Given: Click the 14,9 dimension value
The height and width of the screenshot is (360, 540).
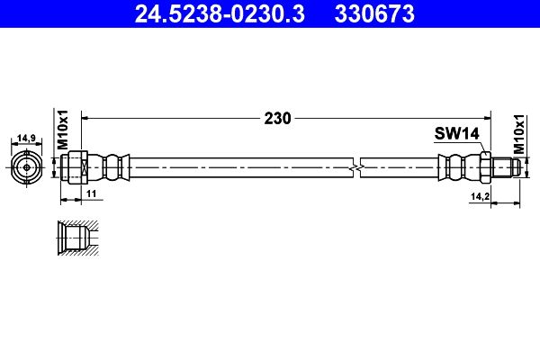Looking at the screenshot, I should [27, 138].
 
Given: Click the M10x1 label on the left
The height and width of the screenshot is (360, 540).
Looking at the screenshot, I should [63, 130].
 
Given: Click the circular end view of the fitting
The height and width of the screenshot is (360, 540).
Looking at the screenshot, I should [27, 166].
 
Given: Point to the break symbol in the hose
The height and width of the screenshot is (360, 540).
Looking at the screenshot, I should [358, 166].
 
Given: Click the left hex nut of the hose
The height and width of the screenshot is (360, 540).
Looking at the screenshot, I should [76, 166].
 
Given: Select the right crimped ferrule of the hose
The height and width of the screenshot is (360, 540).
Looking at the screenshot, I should [456, 166].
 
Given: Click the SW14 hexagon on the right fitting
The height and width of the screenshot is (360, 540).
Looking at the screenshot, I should [483, 166].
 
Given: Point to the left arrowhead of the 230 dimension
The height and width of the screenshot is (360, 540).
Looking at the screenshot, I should [86, 117].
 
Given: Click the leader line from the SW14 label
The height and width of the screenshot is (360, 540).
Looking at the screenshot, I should [478, 146].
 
